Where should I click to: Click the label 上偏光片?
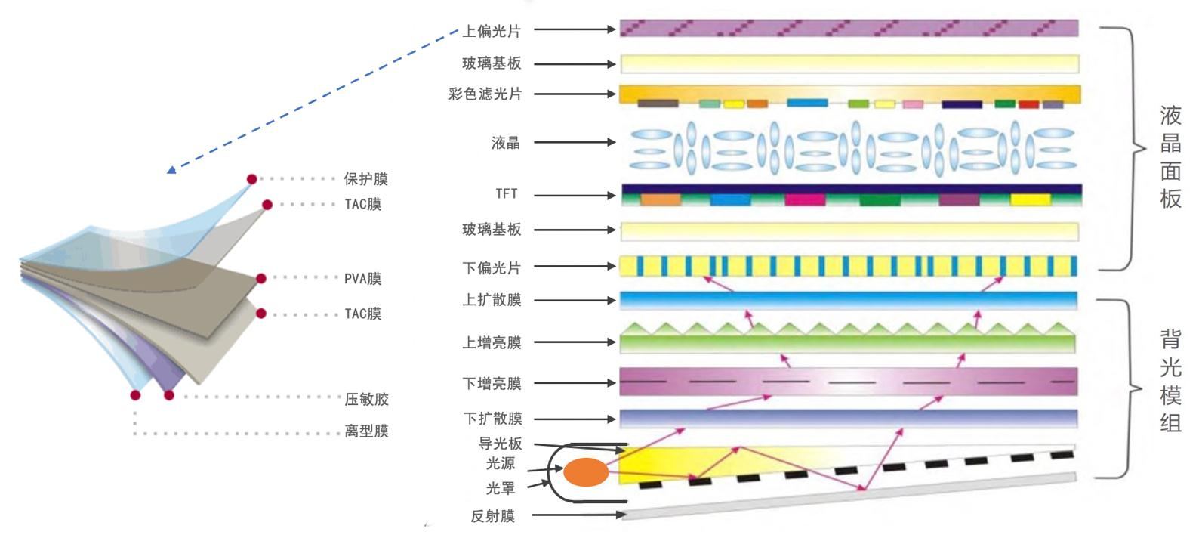(x=492, y=31)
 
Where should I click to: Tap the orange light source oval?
(x=586, y=472)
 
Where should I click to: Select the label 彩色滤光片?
(x=485, y=94)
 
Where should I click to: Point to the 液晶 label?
(x=506, y=142)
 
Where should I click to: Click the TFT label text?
(x=507, y=194)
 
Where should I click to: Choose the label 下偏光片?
(x=492, y=267)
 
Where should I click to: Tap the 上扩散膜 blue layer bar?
(x=849, y=300)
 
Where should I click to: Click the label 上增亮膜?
(x=492, y=342)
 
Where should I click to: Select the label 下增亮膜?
(x=492, y=384)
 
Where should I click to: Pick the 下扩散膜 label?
(x=492, y=419)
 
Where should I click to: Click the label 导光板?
(x=500, y=444)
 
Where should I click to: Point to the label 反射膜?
(x=492, y=516)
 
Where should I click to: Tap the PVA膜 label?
(x=363, y=279)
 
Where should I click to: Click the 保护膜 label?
(x=366, y=179)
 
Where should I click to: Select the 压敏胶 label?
(x=367, y=399)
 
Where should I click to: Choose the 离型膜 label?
(x=367, y=431)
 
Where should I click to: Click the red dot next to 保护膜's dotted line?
(x=252, y=179)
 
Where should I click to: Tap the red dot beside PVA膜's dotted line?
(x=261, y=278)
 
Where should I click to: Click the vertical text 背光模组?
(x=1170, y=381)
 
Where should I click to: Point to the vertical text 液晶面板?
(x=1170, y=157)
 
